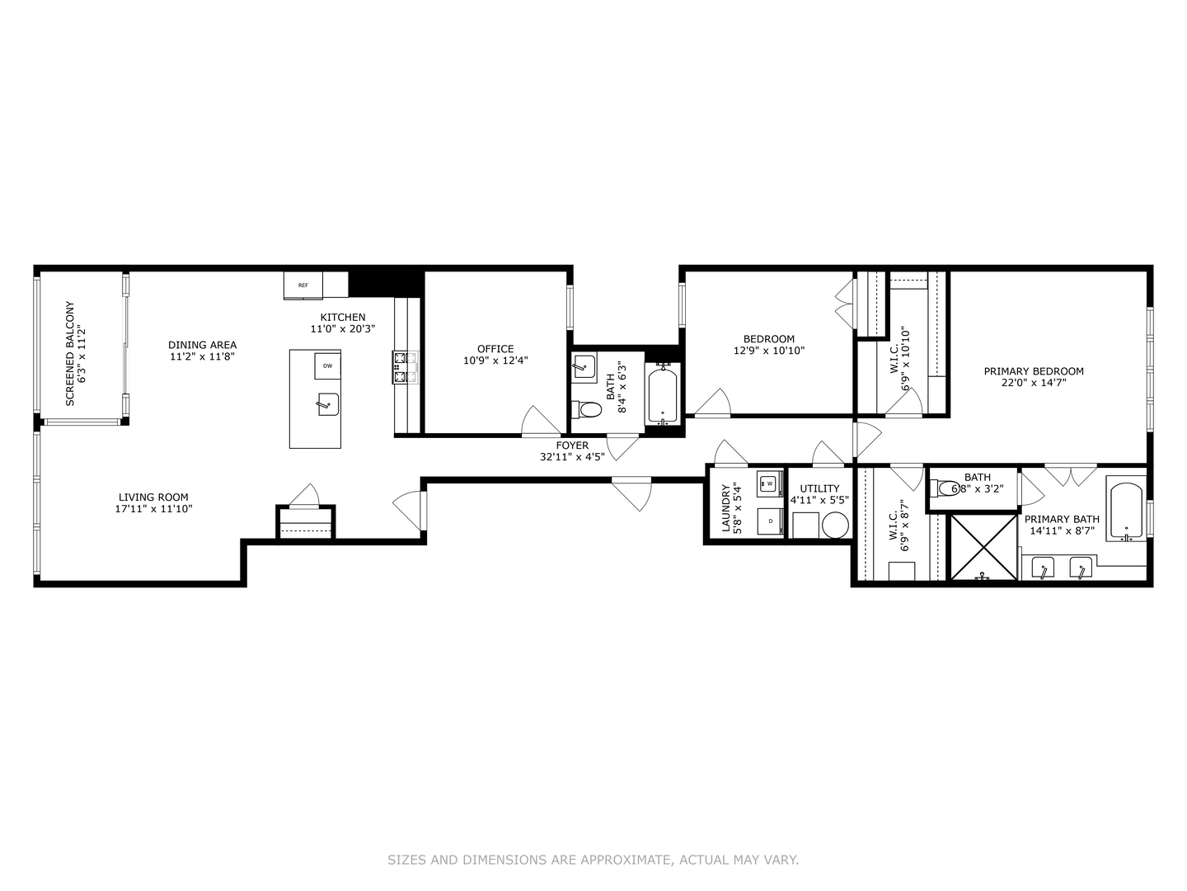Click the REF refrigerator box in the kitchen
point(303,285)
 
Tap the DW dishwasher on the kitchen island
point(327,365)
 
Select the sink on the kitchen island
point(328,404)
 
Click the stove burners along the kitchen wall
point(404,368)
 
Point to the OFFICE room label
point(495,349)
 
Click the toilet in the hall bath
point(586,409)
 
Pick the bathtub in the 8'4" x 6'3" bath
point(663,397)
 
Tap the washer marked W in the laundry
point(770,483)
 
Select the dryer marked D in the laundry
point(770,521)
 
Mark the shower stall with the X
point(983,547)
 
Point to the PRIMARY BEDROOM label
point(1034,371)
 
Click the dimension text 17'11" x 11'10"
point(153,509)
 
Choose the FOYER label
point(572,445)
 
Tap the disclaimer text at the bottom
point(593,860)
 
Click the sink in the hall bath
point(584,366)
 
